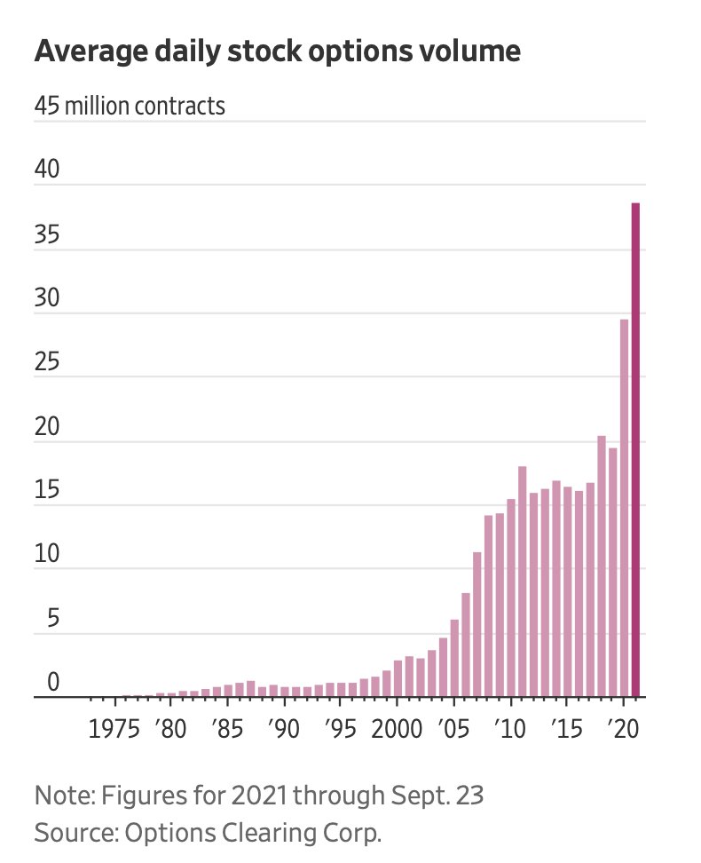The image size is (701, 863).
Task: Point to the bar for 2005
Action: pyautogui.click(x=454, y=658)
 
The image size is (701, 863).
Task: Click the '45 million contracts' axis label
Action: pyautogui.click(x=130, y=106)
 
